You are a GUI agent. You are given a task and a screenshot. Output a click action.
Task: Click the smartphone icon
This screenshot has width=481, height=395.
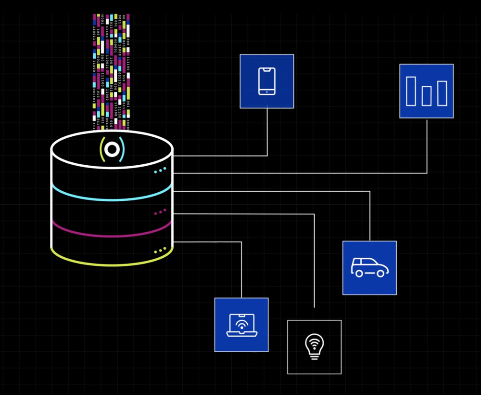point(267,81)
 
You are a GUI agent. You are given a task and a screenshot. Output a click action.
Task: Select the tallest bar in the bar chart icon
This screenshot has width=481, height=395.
point(411,91)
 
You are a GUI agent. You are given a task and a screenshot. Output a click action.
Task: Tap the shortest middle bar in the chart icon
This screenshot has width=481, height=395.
point(426,96)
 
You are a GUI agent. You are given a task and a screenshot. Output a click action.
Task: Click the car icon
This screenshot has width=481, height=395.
point(369,267)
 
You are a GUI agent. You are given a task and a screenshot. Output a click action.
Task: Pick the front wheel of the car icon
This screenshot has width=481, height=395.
point(380,273)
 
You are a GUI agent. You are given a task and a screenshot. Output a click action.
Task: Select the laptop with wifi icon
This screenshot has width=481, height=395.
point(241,325)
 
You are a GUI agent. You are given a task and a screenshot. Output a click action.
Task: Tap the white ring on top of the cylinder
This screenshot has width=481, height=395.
point(112,149)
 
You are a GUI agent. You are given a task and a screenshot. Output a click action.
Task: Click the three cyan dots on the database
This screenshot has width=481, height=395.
point(160,170)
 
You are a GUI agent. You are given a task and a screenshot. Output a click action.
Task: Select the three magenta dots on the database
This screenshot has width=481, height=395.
point(160,211)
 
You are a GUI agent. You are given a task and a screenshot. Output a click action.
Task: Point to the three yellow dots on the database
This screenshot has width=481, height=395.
point(160,250)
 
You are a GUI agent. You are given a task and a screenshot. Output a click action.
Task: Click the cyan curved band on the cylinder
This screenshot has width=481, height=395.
point(112,198)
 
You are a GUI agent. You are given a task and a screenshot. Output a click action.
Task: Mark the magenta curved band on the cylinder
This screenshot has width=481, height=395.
point(112,235)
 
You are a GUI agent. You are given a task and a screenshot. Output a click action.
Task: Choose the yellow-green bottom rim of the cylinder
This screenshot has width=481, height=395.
point(112,263)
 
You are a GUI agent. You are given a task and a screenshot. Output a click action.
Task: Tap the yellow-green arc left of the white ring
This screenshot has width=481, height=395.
point(102,149)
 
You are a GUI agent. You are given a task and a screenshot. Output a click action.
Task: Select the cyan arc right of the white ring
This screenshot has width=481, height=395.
point(122,149)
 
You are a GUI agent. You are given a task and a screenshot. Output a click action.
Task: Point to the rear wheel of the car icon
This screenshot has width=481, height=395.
point(358,273)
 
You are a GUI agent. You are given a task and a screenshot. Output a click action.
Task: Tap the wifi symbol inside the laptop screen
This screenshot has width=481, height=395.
point(241,324)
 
